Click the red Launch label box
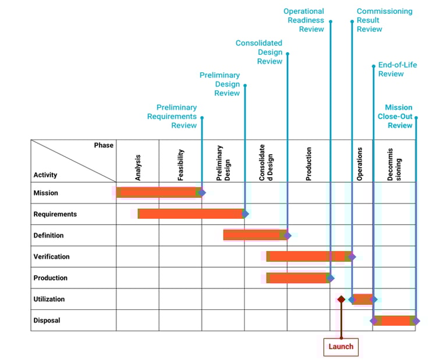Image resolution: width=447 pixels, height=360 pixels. (340, 347)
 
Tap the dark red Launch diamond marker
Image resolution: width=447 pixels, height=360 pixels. (341, 299)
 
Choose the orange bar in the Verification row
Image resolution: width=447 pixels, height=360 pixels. (307, 256)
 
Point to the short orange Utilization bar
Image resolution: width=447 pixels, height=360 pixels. (362, 300)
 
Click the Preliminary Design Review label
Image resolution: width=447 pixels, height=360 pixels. (220, 84)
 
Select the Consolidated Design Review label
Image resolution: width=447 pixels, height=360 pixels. (259, 52)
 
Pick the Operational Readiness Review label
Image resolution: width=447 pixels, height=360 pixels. (304, 20)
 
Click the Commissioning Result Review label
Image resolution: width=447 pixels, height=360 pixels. (384, 20)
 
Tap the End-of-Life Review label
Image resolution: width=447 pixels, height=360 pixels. (398, 69)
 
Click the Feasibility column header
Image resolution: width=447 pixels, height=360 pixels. (180, 164)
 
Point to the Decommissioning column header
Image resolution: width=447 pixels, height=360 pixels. (394, 164)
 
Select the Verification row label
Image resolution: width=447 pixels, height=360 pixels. (51, 256)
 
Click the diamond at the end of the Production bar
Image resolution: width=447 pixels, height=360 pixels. (331, 278)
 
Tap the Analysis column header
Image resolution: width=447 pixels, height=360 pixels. (138, 166)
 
